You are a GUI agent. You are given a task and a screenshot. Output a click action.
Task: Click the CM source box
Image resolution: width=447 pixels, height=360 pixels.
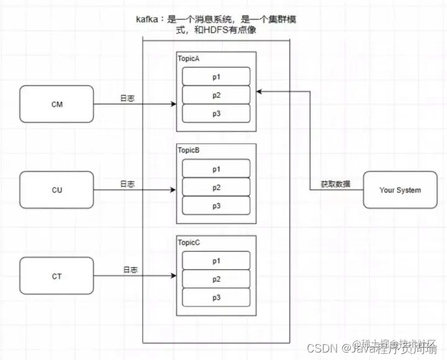(x=56, y=104)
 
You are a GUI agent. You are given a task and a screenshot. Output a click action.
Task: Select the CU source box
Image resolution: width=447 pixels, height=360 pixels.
(x=56, y=190)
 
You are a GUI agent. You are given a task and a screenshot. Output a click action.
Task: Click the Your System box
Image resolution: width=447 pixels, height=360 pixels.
(x=400, y=190)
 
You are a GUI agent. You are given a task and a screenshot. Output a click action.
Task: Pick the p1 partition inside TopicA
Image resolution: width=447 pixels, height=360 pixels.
(x=216, y=76)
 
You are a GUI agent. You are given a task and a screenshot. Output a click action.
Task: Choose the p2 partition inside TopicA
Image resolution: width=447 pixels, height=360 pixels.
(x=216, y=94)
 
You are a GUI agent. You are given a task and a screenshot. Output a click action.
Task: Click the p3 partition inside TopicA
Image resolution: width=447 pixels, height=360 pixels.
(x=216, y=113)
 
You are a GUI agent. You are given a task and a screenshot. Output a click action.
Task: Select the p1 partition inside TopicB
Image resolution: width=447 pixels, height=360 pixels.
(x=216, y=169)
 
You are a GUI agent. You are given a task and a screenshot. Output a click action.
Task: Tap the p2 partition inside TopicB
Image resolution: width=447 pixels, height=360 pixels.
(x=216, y=187)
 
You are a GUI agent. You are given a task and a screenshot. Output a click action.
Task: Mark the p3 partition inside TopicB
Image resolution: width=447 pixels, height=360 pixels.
(x=216, y=205)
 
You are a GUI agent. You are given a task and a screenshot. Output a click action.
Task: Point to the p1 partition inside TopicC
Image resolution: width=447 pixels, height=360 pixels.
(x=216, y=261)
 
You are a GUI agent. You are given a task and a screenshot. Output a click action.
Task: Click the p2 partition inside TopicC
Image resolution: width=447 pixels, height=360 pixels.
(x=216, y=279)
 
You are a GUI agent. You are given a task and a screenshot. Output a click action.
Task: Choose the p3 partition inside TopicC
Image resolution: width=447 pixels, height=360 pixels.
(x=216, y=298)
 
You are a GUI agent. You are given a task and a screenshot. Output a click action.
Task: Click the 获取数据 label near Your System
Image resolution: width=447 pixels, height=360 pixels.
(x=335, y=184)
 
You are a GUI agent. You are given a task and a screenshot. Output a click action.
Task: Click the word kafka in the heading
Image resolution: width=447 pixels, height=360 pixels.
(x=149, y=18)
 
